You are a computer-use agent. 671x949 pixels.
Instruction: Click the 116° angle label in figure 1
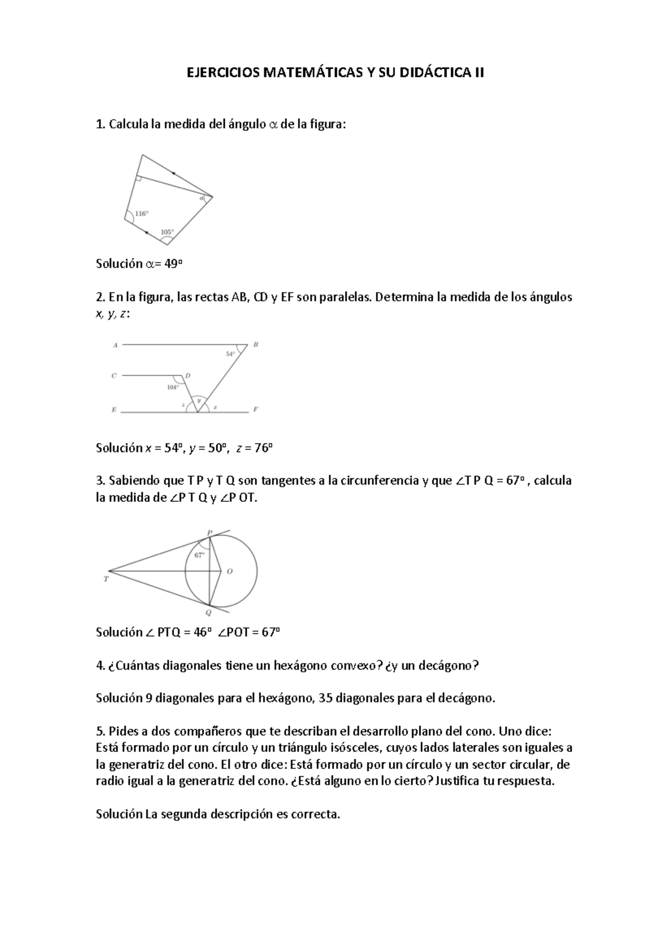[x=142, y=213]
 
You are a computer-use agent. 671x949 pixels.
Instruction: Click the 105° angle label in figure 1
[x=167, y=232]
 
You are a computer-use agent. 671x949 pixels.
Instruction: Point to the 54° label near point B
[x=230, y=354]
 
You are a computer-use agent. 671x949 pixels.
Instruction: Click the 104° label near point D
[x=173, y=387]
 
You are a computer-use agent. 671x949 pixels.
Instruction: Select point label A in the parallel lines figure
[x=115, y=345]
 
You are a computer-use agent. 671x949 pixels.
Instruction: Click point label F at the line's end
[x=256, y=409]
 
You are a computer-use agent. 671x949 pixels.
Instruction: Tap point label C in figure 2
[x=114, y=376]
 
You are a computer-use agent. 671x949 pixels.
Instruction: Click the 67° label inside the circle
[x=199, y=555]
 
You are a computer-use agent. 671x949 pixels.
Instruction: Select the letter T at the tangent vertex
[x=106, y=580]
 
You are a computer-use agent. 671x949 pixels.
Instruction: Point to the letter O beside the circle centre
[x=229, y=571]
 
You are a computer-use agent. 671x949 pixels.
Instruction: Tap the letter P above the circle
[x=210, y=533]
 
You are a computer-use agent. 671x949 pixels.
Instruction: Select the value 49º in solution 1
[x=173, y=264]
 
